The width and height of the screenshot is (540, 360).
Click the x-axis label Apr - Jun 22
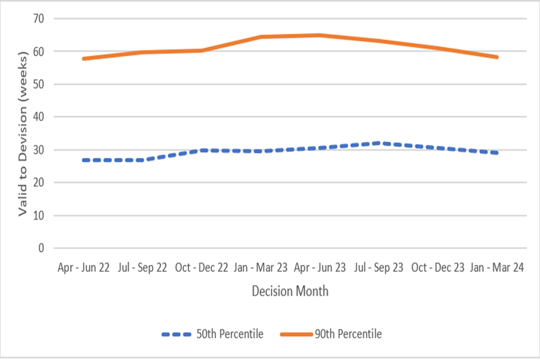coord(83,268)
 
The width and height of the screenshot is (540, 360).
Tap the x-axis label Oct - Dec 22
coord(201,268)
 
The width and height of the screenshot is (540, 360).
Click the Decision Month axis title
coord(290,291)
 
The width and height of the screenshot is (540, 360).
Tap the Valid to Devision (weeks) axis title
coord(23,134)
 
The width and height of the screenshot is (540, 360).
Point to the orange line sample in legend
coord(296,334)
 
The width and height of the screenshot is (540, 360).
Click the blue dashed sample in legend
coord(178,334)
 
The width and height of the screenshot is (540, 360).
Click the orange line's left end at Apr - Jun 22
coord(83,58)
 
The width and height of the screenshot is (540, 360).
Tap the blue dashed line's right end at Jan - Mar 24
coord(497,153)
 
